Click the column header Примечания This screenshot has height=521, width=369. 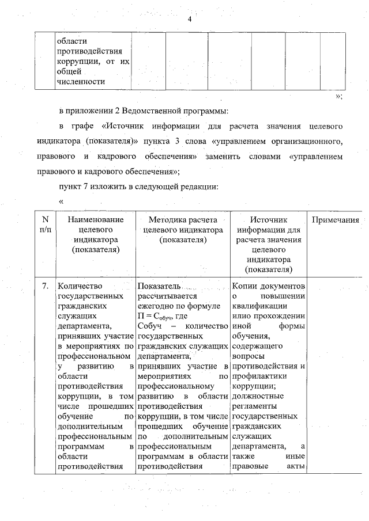point(336,220)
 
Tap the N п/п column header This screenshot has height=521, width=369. point(45,225)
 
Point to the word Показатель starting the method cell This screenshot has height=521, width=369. point(160,286)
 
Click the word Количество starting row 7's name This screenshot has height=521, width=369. point(80,286)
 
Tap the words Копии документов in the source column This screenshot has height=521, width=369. point(268,286)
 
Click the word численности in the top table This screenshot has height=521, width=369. point(80,81)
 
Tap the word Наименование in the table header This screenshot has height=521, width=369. point(96,220)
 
